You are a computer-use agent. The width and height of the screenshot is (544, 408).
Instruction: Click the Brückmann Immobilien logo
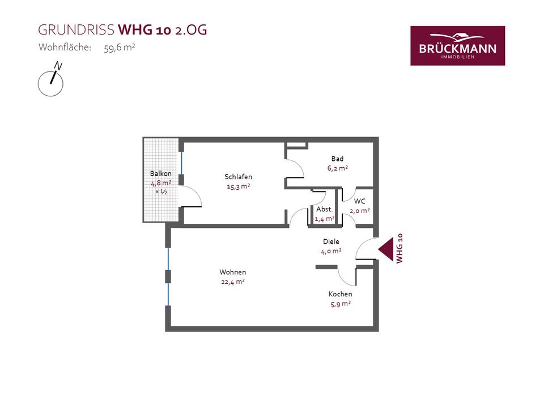(x=457, y=45)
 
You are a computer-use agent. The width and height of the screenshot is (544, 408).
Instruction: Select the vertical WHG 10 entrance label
(x=399, y=248)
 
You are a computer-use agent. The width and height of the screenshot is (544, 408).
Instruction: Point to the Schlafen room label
(x=238, y=177)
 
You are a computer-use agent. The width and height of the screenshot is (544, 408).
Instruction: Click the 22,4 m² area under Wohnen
(x=233, y=281)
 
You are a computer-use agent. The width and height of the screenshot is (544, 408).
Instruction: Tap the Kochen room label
(x=341, y=294)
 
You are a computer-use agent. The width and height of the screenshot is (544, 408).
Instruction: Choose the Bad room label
(x=337, y=159)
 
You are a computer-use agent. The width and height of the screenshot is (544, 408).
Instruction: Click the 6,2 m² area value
(x=337, y=168)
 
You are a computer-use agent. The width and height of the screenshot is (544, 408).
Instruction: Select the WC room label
(x=359, y=201)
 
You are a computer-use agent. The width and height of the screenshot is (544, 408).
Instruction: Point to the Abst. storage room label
(x=325, y=209)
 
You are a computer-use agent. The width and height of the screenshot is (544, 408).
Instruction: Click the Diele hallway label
(x=331, y=241)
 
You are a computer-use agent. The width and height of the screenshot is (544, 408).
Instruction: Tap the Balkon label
(x=160, y=173)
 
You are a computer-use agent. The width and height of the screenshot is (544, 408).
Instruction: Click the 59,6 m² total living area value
(x=119, y=48)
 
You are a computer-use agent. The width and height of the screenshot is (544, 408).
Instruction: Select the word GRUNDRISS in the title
(x=76, y=30)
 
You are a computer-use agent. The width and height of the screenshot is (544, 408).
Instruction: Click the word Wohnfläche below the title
(x=65, y=48)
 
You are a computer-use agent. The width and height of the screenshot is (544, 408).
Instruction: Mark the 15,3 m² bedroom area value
(x=238, y=186)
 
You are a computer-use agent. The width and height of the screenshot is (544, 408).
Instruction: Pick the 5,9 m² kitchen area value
(x=341, y=304)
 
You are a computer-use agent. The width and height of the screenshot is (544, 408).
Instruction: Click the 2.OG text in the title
(x=191, y=30)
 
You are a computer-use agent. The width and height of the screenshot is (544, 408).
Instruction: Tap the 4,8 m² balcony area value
(x=160, y=183)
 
